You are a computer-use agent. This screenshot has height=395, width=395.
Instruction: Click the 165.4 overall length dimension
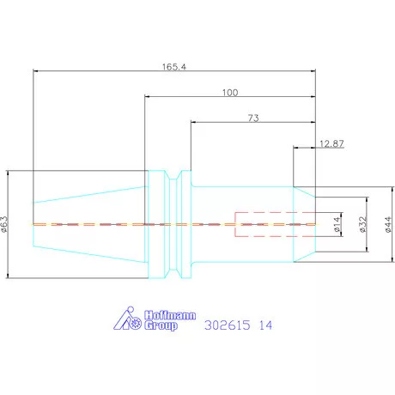[x=174, y=67]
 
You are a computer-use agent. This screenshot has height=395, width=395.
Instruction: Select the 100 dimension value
[x=230, y=93]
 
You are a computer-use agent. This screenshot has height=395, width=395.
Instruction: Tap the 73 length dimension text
[x=253, y=118]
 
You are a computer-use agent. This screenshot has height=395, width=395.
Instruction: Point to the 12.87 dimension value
[x=331, y=143]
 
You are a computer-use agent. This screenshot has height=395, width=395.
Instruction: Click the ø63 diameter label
[x=4, y=224]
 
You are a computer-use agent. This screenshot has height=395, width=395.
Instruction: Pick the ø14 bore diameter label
[x=337, y=224]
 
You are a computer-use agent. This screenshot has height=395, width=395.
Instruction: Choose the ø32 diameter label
[x=362, y=224]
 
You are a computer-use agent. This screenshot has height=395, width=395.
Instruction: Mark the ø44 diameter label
[x=388, y=224]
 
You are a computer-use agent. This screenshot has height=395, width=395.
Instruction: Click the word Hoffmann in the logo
[x=170, y=315]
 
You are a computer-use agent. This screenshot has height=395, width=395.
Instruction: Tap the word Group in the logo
[x=161, y=325]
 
